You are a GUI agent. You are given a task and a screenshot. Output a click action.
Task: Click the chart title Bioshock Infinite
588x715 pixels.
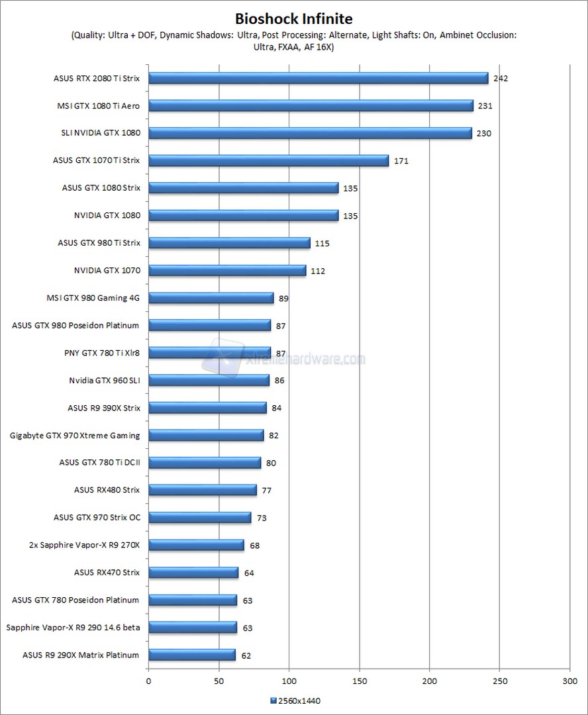point(294,19)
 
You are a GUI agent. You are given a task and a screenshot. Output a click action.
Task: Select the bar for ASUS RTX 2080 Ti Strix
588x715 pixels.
point(318,78)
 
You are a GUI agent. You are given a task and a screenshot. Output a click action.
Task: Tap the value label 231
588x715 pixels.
point(485,105)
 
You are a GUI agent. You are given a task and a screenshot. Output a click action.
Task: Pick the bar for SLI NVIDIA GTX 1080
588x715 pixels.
point(310,133)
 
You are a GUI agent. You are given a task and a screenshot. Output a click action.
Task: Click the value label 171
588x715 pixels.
point(401,160)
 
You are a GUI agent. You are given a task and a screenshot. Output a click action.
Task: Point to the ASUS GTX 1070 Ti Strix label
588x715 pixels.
point(97,160)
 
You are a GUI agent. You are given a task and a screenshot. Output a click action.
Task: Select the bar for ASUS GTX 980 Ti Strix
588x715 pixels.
point(229,243)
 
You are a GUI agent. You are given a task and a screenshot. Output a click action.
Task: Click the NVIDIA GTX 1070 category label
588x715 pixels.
point(107,270)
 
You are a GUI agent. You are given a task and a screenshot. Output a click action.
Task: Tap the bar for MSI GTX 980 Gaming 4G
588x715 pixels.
point(211,298)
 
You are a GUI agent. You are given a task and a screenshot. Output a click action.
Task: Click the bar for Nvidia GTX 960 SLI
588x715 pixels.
point(209,380)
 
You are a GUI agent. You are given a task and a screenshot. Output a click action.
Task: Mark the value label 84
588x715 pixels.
point(277,408)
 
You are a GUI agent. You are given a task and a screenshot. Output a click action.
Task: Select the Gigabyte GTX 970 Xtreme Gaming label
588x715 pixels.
point(75,435)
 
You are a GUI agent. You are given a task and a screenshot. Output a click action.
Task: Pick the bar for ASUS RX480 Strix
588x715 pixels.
point(202,490)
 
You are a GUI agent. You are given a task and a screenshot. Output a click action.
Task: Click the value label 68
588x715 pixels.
point(254,546)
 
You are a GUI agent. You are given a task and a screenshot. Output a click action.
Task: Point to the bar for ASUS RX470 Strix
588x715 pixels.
point(193,573)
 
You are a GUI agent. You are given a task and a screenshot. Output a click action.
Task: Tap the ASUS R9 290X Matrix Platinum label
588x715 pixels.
point(81,655)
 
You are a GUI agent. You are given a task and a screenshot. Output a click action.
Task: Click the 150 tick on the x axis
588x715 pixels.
point(360,680)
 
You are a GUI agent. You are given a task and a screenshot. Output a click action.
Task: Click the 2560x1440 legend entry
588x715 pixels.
point(296,700)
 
